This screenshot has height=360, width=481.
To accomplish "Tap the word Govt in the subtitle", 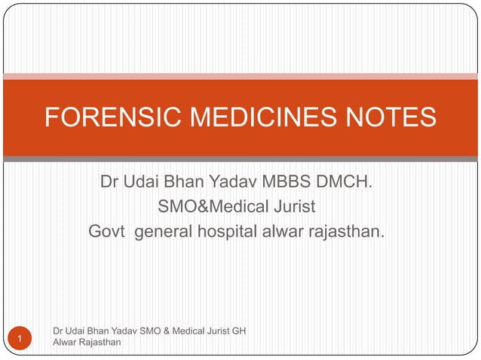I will (x=107, y=229).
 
